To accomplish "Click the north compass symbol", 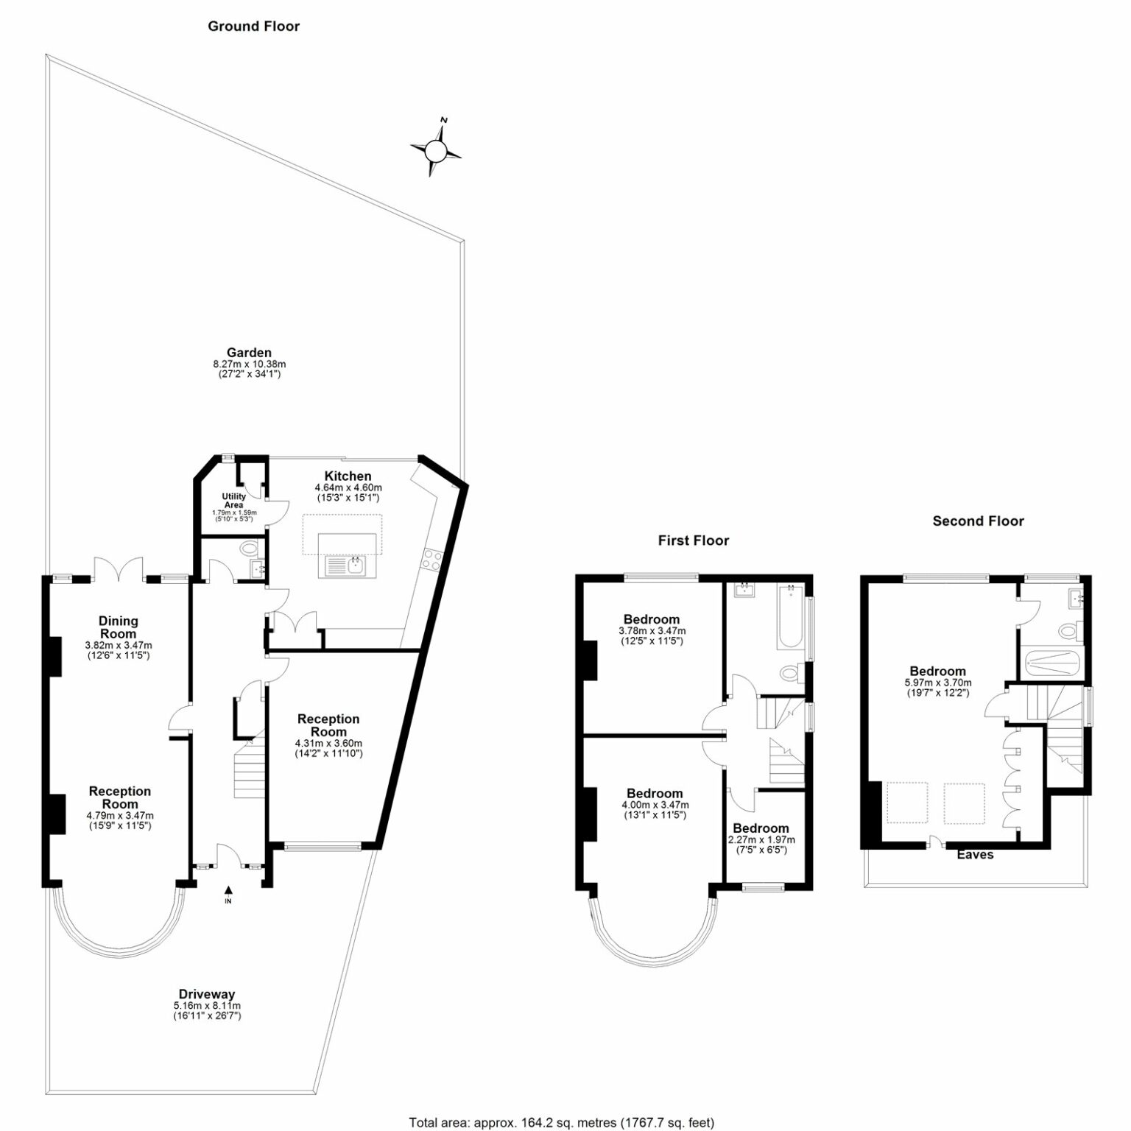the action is point(436,149).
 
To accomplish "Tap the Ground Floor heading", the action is point(254,27).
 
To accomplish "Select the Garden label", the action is point(249,353).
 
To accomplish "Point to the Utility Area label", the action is point(233,501).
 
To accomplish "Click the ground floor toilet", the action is point(250,549).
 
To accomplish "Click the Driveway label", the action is point(207,994).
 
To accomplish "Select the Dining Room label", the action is point(119,627).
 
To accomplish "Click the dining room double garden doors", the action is point(119,568).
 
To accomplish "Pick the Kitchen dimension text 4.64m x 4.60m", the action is point(348,488).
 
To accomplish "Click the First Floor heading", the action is point(694,540).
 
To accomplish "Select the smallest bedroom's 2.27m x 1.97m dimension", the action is point(761,840).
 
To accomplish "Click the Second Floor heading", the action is point(979,521).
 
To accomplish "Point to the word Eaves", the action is point(976,855).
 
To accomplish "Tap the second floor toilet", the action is point(1070,630).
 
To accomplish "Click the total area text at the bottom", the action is point(562,1123).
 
